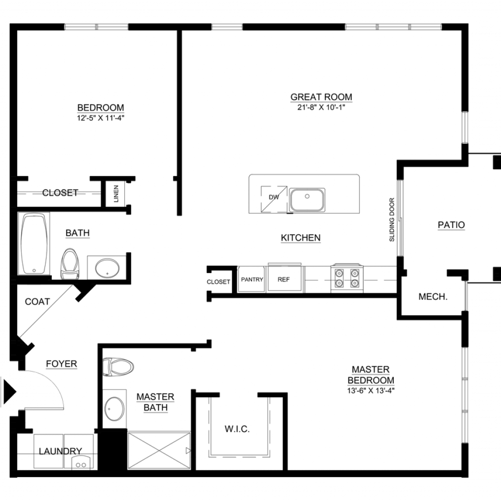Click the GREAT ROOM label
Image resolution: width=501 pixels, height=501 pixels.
tap(321, 97)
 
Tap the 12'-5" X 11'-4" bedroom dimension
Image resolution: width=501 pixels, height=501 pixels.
tap(100, 118)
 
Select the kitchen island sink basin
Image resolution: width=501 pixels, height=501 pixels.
tap(307, 200)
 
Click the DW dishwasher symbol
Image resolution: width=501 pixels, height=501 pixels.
tap(274, 199)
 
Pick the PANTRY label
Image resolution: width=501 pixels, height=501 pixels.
tap(252, 279)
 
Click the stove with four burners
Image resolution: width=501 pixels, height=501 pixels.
tap(347, 278)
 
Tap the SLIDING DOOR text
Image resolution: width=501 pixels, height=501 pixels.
tap(392, 220)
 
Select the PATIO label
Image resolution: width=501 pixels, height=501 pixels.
tap(451, 225)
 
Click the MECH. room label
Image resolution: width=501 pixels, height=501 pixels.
tap(433, 297)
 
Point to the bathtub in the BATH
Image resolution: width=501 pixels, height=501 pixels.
tap(34, 243)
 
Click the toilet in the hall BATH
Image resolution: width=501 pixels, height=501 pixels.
tap(69, 264)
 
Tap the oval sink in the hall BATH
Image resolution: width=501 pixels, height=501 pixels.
tap(107, 268)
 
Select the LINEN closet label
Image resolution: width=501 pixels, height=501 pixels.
tap(116, 194)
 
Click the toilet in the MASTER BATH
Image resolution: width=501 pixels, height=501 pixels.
tap(118, 367)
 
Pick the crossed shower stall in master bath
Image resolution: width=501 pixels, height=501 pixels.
tap(159, 451)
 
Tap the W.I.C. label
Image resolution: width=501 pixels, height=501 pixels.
tap(237, 429)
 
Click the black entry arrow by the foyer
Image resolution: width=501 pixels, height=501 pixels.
tap(10, 391)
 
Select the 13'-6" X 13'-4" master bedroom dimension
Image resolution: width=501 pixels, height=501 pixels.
tap(371, 390)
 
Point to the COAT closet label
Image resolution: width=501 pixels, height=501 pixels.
tap(37, 301)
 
